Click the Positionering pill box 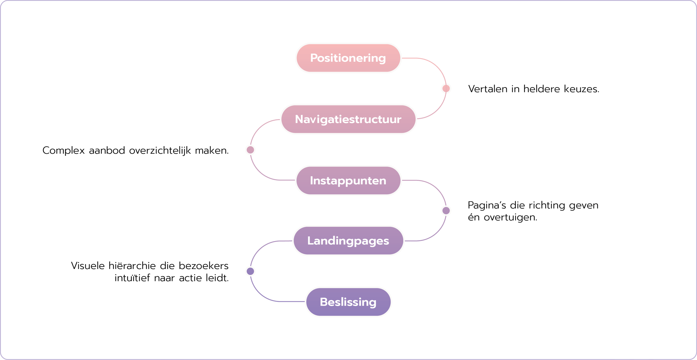tap(348, 58)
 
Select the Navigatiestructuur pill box tap(348, 119)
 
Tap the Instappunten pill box tap(348, 181)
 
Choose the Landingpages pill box tap(348, 241)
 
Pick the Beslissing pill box tap(348, 302)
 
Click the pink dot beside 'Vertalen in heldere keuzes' tap(446, 89)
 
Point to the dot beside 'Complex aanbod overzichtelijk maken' tap(250, 150)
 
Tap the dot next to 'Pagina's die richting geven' tap(446, 210)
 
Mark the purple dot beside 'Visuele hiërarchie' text tap(250, 271)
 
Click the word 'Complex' tap(63, 151)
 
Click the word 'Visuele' tap(87, 266)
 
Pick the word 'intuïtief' tap(132, 278)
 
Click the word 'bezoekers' tap(204, 266)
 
